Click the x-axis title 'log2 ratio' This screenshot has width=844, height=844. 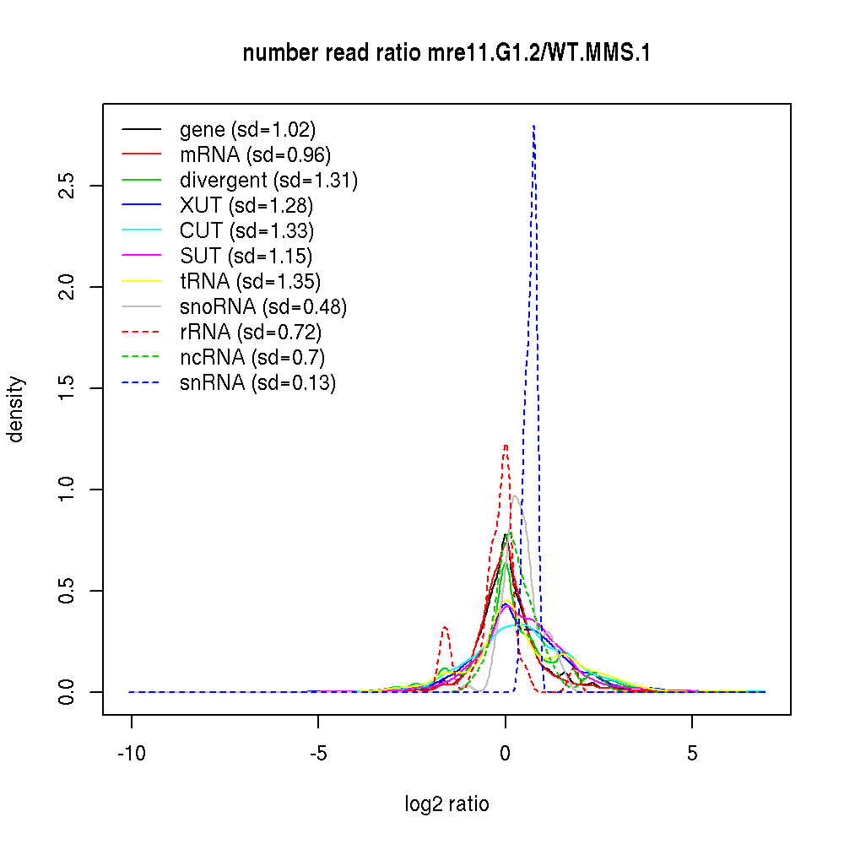[x=446, y=803]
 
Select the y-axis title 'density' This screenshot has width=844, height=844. [x=16, y=409]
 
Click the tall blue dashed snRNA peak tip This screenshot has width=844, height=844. [x=533, y=127]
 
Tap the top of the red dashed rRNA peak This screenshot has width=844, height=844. [x=506, y=445]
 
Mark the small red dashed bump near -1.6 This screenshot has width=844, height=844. [x=445, y=627]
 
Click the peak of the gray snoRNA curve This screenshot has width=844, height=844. [x=515, y=495]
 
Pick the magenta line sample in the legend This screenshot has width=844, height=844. [x=141, y=257]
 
